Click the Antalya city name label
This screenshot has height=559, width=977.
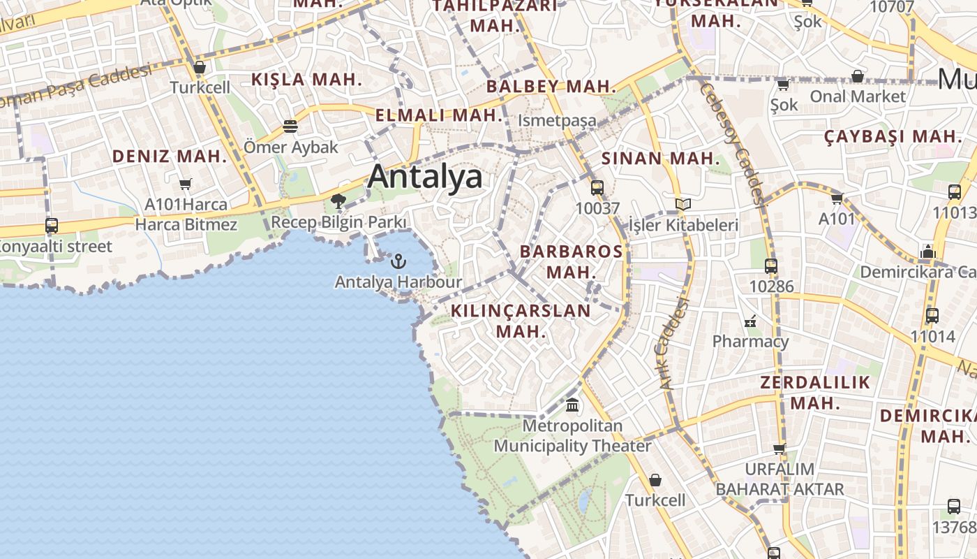tap(425, 176)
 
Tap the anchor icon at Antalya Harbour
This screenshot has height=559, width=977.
tap(398, 261)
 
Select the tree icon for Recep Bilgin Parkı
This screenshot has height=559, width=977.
tap(338, 202)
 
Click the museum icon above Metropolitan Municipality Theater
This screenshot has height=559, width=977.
tap(572, 405)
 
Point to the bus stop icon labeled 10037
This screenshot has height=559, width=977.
tap(597, 187)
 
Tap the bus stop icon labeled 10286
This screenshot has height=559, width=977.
tap(771, 266)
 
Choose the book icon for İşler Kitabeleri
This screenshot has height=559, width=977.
tap(683, 204)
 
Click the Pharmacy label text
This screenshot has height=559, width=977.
tap(750, 342)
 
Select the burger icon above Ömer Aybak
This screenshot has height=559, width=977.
tap(290, 126)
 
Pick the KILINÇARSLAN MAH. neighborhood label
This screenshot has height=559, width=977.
tap(521, 320)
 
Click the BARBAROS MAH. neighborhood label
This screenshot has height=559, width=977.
tap(571, 261)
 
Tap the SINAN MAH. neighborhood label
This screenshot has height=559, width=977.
tap(660, 159)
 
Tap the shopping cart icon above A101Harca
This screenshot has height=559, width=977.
tap(185, 184)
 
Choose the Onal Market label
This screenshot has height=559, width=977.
tap(858, 96)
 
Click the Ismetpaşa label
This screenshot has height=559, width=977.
tap(557, 120)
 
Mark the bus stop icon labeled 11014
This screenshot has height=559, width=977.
tap(932, 315)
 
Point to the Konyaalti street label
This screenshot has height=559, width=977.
tap(56, 247)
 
